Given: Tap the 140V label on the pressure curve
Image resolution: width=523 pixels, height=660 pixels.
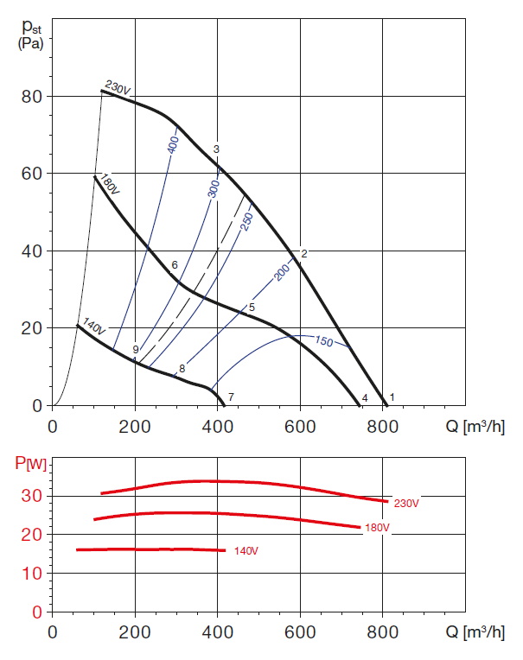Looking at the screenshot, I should tap(93, 327).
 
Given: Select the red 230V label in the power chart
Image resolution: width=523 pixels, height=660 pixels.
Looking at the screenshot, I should tap(406, 503).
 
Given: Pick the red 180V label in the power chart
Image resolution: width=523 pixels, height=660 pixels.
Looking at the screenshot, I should tap(378, 528).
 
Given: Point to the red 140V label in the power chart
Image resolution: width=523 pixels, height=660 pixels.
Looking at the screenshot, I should tap(246, 550).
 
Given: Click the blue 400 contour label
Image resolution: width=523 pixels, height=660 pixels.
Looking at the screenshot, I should tap(172, 144).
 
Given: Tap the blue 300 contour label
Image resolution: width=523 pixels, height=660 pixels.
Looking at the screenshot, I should tap(214, 187).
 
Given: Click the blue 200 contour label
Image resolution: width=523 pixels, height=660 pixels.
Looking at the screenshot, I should tap(282, 271).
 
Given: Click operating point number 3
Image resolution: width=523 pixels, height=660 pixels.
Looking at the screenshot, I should tap(216, 149).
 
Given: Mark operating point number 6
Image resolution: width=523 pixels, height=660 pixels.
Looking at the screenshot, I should tap(174, 265).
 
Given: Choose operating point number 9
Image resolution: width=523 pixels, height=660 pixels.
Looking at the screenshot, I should tap(136, 349).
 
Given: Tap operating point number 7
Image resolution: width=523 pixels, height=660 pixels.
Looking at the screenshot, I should tap(231, 397).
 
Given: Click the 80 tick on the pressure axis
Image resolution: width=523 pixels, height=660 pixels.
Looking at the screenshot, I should tap(32, 96).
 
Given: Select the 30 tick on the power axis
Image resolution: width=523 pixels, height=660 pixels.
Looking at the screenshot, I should tap(32, 496).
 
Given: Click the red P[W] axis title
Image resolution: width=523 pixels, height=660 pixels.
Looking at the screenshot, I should tap(31, 464).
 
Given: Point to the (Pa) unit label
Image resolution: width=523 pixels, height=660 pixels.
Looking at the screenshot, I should tap(32, 42).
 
